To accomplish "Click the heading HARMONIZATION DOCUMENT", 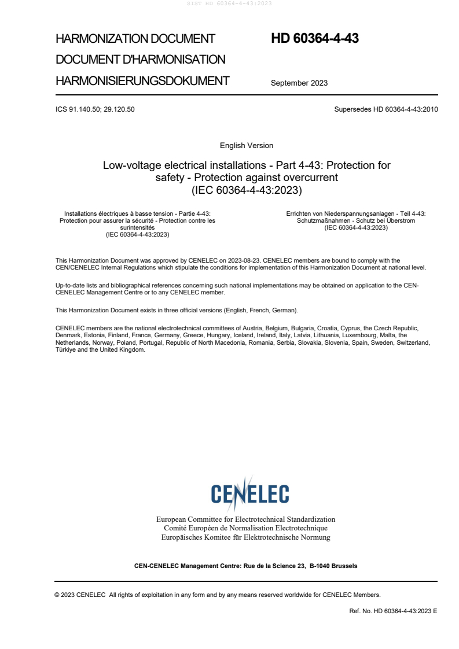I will (135, 39).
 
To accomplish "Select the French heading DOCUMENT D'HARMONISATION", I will (141, 60).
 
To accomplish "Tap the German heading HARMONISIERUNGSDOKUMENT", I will (142, 81).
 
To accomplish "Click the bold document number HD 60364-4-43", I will (315, 39).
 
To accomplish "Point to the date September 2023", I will (299, 83).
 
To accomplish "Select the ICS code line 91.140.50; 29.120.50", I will (95, 109).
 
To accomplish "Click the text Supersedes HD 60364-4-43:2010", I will (386, 109).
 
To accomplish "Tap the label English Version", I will (247, 145).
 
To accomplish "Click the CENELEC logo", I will (250, 493).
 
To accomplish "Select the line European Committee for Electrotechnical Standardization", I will (246, 519).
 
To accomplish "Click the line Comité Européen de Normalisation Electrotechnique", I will (246, 528).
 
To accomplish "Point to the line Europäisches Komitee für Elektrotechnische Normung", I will (246, 537).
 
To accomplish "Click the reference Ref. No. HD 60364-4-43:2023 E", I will (393, 611).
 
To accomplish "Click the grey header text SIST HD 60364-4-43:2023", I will (230, 3).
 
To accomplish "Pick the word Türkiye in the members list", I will (67, 350).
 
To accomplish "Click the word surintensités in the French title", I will (137, 227).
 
